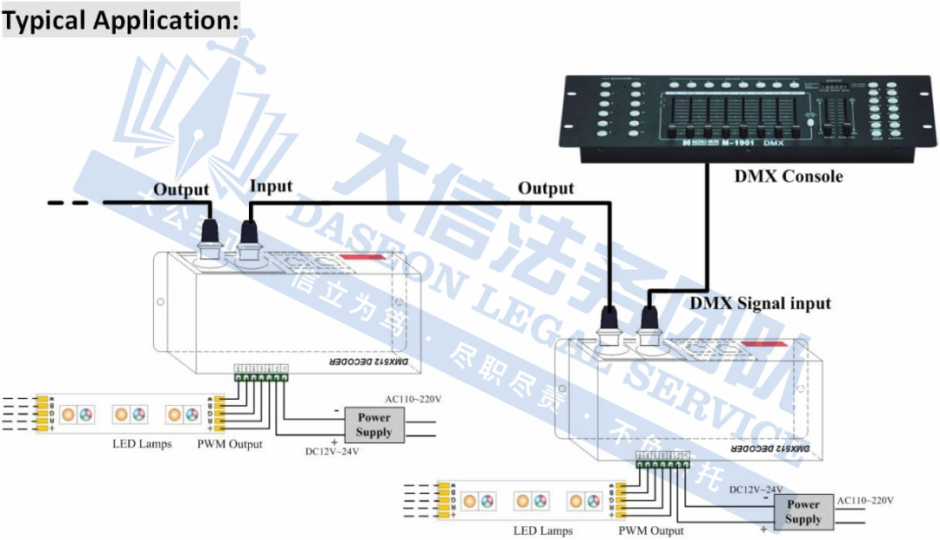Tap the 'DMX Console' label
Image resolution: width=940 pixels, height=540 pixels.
pyautogui.click(x=789, y=177)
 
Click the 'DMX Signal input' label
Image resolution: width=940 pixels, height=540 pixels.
pyautogui.click(x=760, y=304)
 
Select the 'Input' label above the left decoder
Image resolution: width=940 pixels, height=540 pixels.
pyautogui.click(x=271, y=186)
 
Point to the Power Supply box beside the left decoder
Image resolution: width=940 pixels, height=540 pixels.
pyautogui.click(x=374, y=425)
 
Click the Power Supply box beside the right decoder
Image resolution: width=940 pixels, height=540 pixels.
pyautogui.click(x=803, y=512)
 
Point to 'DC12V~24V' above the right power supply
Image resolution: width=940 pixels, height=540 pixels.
pyautogui.click(x=755, y=489)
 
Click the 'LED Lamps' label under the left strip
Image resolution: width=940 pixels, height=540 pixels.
pyautogui.click(x=142, y=444)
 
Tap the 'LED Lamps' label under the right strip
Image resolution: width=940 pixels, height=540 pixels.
pyautogui.click(x=542, y=530)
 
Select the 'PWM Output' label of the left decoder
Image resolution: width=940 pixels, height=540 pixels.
pyautogui.click(x=230, y=444)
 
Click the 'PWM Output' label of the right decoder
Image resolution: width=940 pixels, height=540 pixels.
pyautogui.click(x=651, y=530)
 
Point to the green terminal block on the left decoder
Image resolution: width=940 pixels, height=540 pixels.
pyautogui.click(x=260, y=375)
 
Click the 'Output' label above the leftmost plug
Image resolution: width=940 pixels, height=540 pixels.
pyautogui.click(x=181, y=189)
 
